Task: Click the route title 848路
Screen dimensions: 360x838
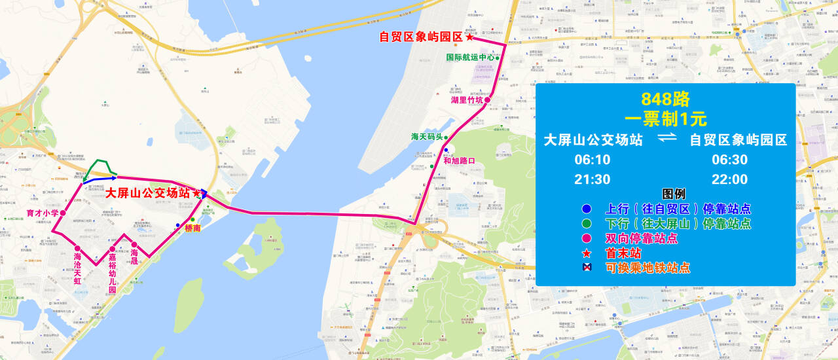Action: pyautogui.click(x=665, y=99)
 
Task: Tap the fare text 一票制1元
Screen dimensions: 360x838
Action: pyautogui.click(x=665, y=119)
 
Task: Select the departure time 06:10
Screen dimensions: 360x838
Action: pyautogui.click(x=592, y=160)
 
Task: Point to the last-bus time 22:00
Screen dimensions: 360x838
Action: pyautogui.click(x=729, y=179)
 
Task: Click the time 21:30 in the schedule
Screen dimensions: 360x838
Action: pyautogui.click(x=592, y=179)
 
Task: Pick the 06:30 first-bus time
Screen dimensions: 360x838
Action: pyautogui.click(x=729, y=160)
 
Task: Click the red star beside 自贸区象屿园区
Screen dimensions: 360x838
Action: pyautogui.click(x=469, y=37)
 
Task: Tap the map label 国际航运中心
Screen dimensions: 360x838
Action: pyautogui.click(x=469, y=58)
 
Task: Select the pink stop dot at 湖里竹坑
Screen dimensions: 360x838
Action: pyautogui.click(x=487, y=100)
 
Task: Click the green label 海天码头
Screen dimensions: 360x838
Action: pyautogui.click(x=427, y=137)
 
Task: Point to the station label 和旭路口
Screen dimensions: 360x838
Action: pyautogui.click(x=458, y=160)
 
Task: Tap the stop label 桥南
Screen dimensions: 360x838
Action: pyautogui.click(x=192, y=228)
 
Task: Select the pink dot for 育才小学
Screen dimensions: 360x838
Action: pyautogui.click(x=63, y=213)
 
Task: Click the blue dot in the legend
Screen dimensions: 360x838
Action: pyautogui.click(x=587, y=209)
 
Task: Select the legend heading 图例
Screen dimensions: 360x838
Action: pyautogui.click(x=674, y=194)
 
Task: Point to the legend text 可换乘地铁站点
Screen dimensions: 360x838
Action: pyautogui.click(x=647, y=268)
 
